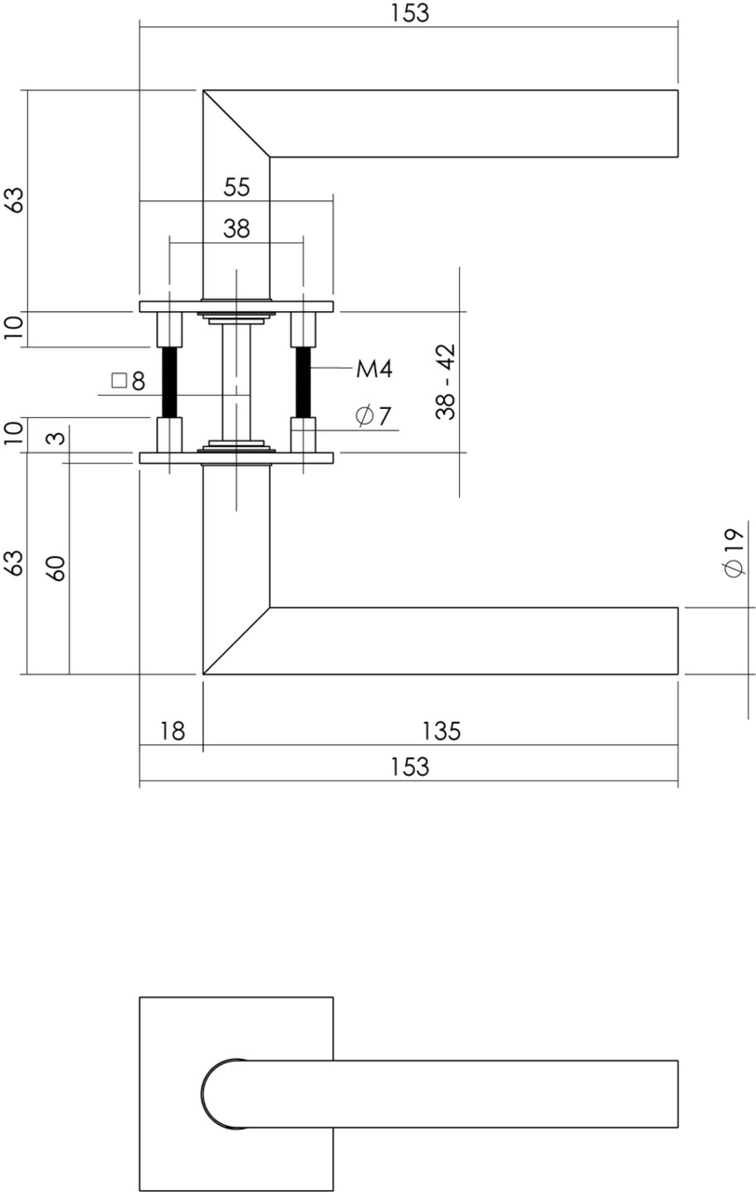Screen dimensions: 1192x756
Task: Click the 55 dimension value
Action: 236,187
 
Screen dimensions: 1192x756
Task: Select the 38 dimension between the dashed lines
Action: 236,229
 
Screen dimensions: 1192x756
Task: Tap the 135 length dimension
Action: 440,731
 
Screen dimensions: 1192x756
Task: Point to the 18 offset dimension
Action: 171,731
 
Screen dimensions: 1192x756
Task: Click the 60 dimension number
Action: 56,567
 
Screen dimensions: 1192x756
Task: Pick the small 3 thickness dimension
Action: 56,438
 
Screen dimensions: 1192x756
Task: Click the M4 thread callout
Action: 374,370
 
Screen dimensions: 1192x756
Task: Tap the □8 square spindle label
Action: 128,381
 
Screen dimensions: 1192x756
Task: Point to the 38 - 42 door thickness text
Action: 447,382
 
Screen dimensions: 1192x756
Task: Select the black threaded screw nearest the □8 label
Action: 169,382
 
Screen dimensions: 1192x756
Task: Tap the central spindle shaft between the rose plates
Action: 236,382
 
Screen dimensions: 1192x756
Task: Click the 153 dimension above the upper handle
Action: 410,13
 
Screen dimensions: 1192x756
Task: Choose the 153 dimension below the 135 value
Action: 410,766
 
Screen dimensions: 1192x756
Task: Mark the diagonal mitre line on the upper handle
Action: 236,123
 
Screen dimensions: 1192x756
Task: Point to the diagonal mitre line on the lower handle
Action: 236,641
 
